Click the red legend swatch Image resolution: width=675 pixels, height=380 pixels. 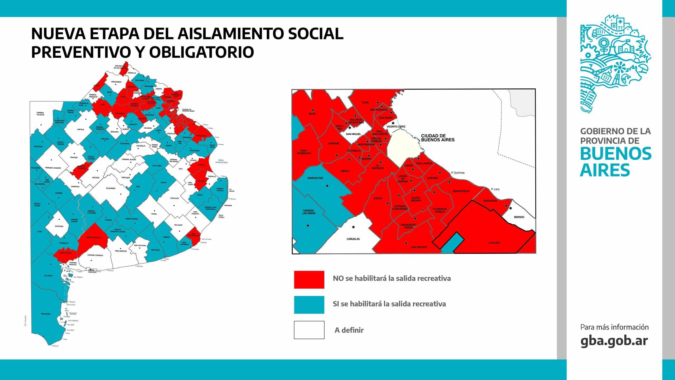click(309, 279)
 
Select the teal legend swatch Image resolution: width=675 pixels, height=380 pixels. click(309, 305)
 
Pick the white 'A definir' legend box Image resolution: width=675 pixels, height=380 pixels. click(309, 330)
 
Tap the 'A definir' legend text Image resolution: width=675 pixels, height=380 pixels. click(349, 330)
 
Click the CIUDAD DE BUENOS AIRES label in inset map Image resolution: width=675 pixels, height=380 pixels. click(438, 138)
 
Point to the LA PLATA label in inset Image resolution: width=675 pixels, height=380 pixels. click(494, 243)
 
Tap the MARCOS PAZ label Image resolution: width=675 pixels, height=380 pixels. click(315, 178)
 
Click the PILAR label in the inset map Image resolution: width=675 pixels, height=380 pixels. click(312, 114)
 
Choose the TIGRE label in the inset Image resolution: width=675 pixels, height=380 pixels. click(365, 102)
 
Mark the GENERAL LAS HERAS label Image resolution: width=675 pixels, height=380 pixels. click(309, 212)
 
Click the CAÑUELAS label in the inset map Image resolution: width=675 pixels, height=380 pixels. click(353, 239)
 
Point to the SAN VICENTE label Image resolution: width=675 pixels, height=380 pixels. click(419, 247)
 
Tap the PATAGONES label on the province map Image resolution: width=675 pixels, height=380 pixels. click(46, 314)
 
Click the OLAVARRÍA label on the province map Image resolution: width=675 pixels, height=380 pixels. click(110, 188)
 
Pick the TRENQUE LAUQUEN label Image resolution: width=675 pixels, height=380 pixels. click(53, 168)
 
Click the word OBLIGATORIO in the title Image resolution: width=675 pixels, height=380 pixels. click(201, 52)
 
